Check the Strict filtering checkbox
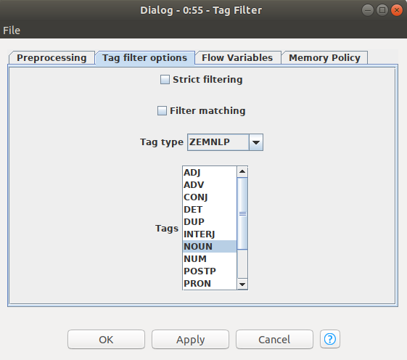click(165, 80)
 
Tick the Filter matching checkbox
click(162, 110)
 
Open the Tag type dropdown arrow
click(256, 142)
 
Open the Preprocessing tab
click(52, 57)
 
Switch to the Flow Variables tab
click(237, 57)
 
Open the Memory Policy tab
click(324, 57)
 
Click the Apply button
click(191, 340)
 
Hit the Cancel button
click(274, 340)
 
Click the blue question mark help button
click(330, 339)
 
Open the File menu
click(12, 30)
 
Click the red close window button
click(397, 10)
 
